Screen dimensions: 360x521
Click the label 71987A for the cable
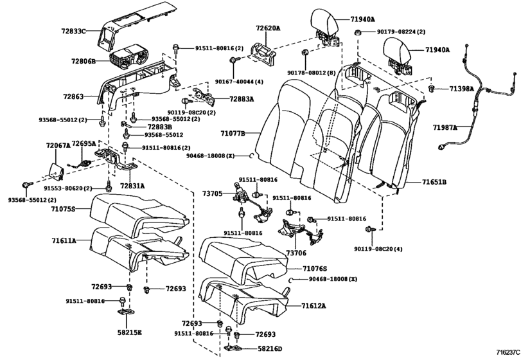point(445,128)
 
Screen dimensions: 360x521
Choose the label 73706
point(295,254)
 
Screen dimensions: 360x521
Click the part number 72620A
point(269,28)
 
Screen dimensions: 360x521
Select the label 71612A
point(314,306)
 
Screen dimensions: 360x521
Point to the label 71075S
point(64,209)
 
